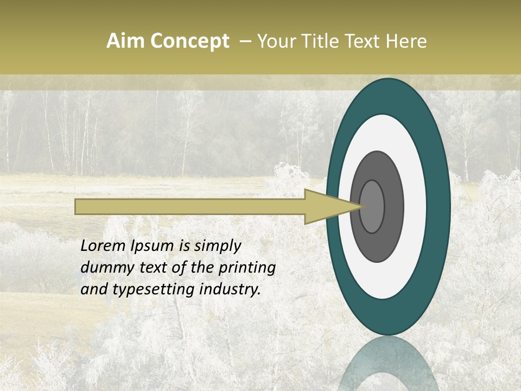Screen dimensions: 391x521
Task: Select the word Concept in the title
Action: click(x=189, y=41)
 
